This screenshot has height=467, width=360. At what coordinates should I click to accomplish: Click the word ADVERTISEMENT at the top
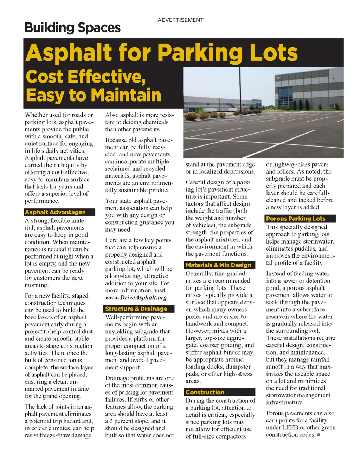point(180,20)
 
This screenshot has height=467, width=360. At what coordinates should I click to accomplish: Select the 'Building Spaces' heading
point(72,28)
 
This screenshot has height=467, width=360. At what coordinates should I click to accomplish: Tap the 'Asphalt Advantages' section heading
point(55,212)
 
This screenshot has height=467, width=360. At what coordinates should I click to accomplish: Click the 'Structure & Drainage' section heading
point(136,309)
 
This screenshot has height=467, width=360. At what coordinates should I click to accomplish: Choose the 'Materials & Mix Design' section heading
point(218,265)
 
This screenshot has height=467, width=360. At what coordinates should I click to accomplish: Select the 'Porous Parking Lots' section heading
point(296,219)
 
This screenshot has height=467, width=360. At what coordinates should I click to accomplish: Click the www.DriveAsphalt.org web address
point(136,298)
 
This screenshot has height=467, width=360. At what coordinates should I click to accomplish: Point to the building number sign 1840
point(278,77)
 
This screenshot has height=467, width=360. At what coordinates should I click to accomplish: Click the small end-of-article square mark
point(319,435)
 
